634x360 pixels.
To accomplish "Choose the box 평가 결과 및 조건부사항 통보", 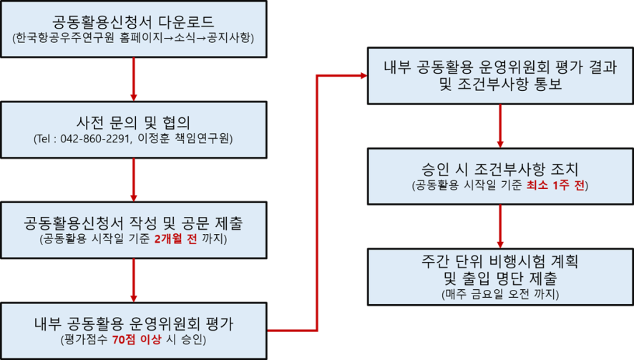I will pos(499,75).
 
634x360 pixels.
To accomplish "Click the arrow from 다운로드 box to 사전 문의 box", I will pos(134,79).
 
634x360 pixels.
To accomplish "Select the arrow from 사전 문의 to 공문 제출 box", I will pos(134,180).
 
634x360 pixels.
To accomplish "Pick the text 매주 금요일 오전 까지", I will pos(500,293).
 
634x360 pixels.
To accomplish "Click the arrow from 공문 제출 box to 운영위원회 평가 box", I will pos(134,281).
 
